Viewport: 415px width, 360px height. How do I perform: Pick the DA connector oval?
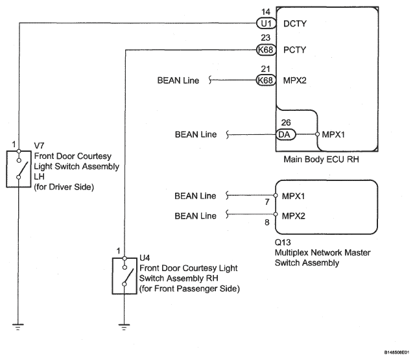pyautogui.click(x=285, y=135)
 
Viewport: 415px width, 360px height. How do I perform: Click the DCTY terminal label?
pyautogui.click(x=295, y=23)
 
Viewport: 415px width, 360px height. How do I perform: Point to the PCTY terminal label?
pyautogui.click(x=295, y=50)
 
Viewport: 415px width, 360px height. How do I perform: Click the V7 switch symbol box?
pyautogui.click(x=19, y=169)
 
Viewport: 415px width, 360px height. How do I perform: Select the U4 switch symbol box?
pyautogui.click(x=124, y=276)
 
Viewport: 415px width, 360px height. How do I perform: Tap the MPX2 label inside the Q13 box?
pyautogui.click(x=294, y=215)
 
